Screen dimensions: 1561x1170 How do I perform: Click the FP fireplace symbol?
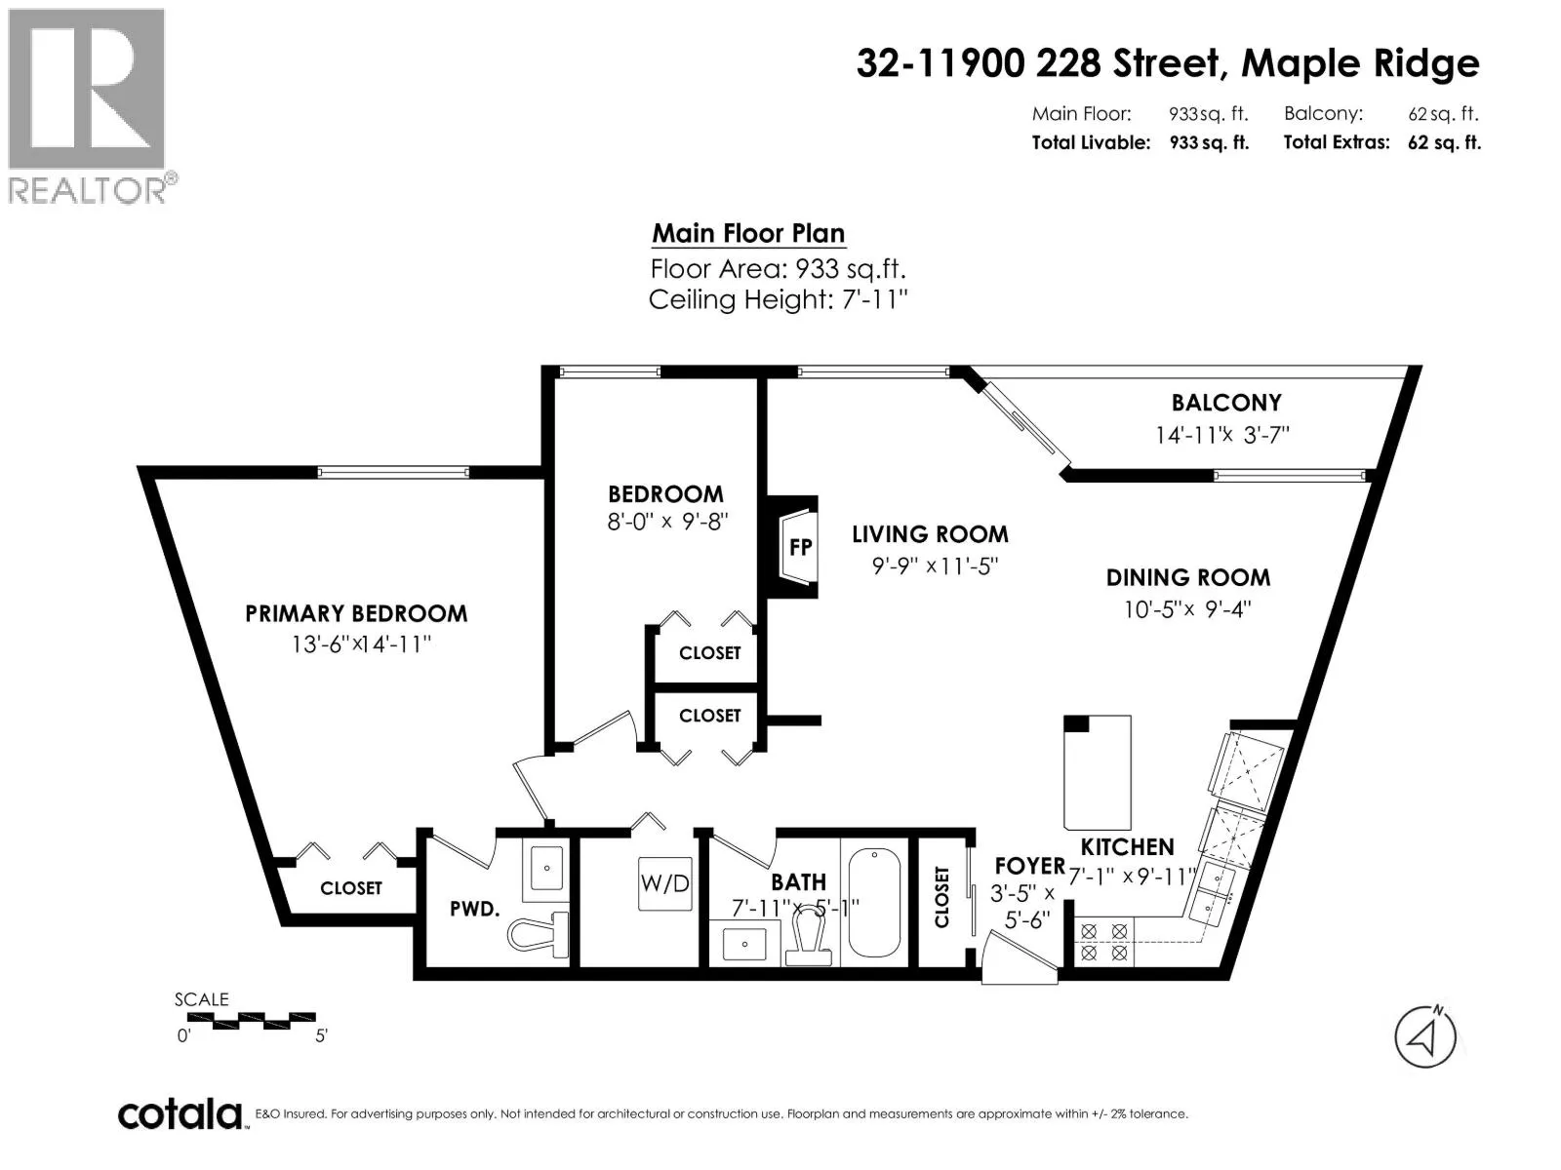(798, 546)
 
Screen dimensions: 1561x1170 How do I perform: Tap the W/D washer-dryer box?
(664, 883)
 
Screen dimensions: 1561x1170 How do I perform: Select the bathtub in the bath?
(874, 902)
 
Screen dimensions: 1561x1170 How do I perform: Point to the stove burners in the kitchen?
(1103, 942)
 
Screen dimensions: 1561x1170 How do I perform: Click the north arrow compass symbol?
(1425, 1037)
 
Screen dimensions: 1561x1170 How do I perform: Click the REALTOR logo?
(89, 106)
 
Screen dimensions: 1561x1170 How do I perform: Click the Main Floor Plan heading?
(748, 233)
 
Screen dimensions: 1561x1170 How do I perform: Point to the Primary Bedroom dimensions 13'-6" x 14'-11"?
(361, 644)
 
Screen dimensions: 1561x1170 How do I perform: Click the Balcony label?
(1226, 403)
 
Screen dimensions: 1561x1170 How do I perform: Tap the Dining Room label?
(1187, 577)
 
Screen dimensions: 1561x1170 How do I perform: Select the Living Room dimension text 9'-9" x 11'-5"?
(936, 566)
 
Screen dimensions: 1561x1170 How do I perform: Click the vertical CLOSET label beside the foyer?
(941, 896)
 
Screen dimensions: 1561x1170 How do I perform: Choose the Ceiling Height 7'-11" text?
(778, 299)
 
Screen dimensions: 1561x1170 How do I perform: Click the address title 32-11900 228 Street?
(1038, 63)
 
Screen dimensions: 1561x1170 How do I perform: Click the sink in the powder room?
(545, 868)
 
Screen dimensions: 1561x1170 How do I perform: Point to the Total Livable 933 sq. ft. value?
(1209, 142)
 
